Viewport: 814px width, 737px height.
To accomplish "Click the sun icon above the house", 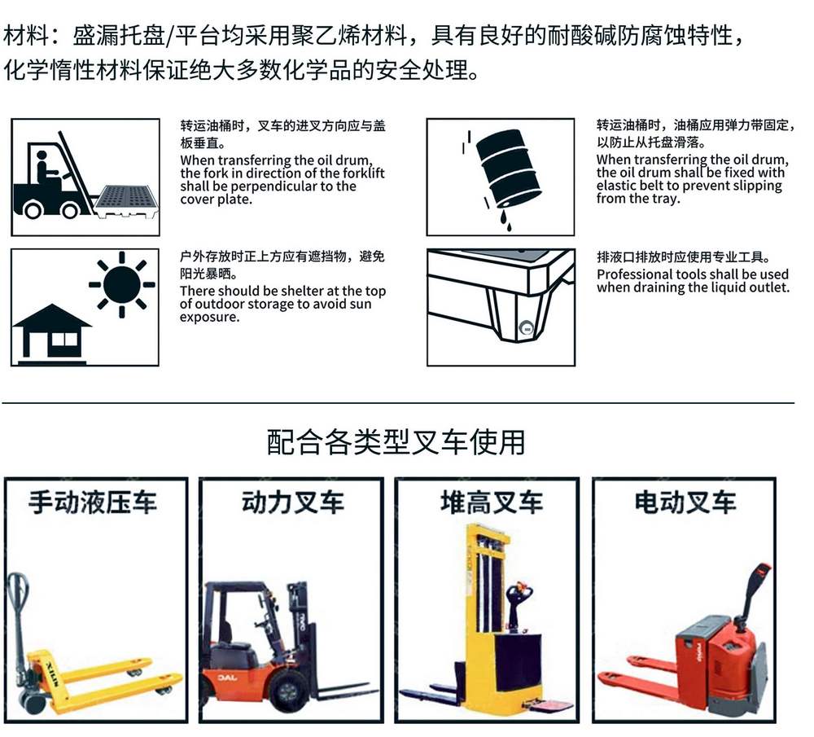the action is pyautogui.click(x=121, y=284).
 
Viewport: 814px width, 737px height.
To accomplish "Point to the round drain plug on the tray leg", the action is pyautogui.click(x=527, y=328).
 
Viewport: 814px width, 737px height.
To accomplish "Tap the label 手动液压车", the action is pyautogui.click(x=93, y=502).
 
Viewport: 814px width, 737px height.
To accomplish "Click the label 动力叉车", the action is pyautogui.click(x=292, y=502).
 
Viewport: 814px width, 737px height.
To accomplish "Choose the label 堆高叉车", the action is pyautogui.click(x=492, y=502).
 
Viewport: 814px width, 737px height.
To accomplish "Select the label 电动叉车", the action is pyautogui.click(x=685, y=502).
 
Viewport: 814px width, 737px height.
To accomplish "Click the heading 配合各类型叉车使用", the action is pyautogui.click(x=396, y=442).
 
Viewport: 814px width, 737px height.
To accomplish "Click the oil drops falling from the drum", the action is pyautogui.click(x=505, y=220).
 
